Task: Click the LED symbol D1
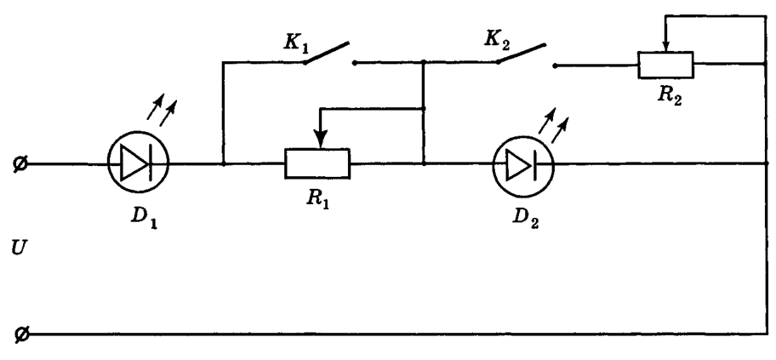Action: click(x=138, y=163)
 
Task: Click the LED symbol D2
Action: click(x=523, y=166)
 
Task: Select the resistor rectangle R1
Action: click(x=317, y=163)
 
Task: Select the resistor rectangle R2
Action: click(x=665, y=65)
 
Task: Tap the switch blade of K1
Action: click(x=327, y=53)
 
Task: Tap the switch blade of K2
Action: click(x=522, y=54)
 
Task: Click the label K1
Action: click(x=295, y=43)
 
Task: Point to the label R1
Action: click(x=317, y=199)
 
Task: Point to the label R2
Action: click(x=670, y=95)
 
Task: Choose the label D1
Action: click(x=144, y=219)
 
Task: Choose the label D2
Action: click(x=526, y=219)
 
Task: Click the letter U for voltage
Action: click(x=18, y=249)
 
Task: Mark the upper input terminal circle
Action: click(x=20, y=163)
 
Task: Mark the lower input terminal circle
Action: click(x=20, y=334)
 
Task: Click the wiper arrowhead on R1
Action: click(x=321, y=140)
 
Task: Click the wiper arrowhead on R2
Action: click(x=666, y=46)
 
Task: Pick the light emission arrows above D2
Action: click(x=553, y=125)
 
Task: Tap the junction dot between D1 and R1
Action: click(x=223, y=163)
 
